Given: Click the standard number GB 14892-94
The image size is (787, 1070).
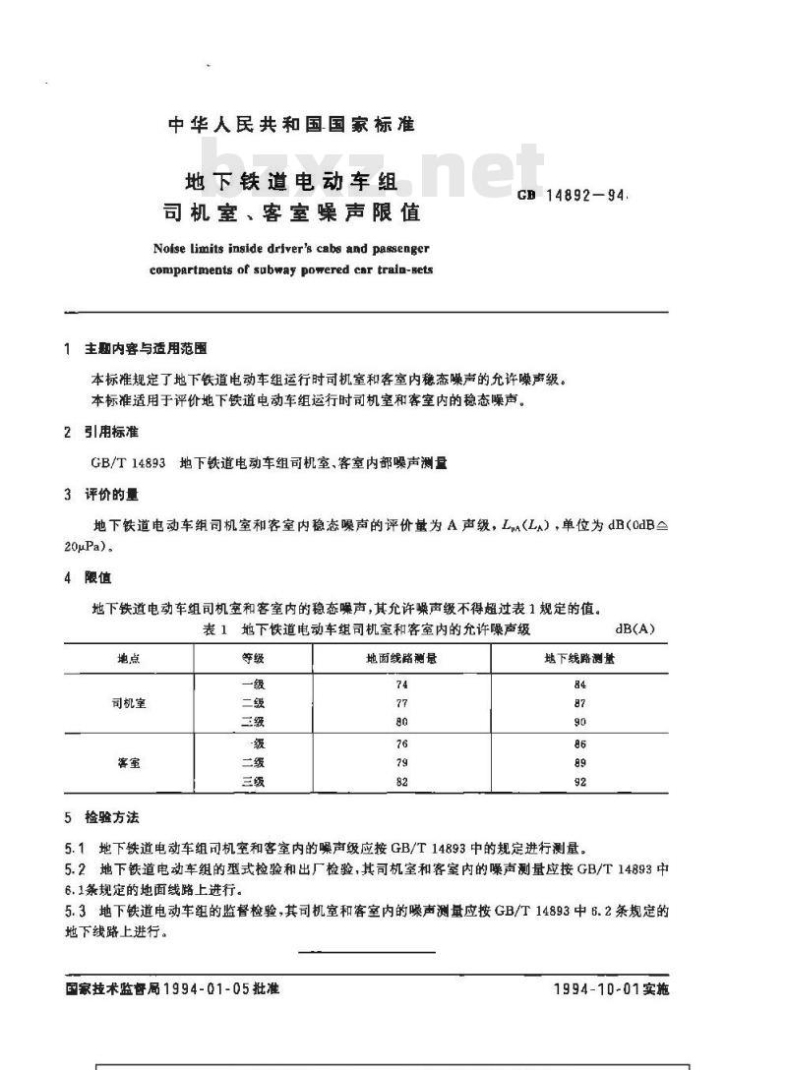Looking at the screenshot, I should (x=573, y=196).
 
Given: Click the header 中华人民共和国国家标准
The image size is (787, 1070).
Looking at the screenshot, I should (x=291, y=125).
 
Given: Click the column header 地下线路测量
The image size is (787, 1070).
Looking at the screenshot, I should (x=580, y=658).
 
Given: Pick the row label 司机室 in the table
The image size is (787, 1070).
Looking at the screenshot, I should (x=129, y=703).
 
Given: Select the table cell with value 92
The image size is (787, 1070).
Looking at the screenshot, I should (x=580, y=782).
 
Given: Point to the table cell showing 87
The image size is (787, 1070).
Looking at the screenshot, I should (x=580, y=703).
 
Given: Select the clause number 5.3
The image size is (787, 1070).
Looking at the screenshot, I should (x=75, y=911).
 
